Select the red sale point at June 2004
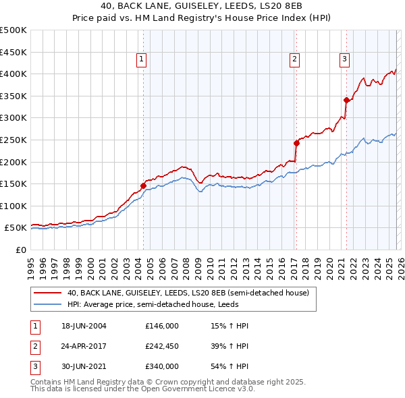(x=143, y=186)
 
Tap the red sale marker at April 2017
(x=296, y=143)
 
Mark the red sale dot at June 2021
(x=346, y=100)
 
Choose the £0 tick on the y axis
(x=20, y=250)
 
